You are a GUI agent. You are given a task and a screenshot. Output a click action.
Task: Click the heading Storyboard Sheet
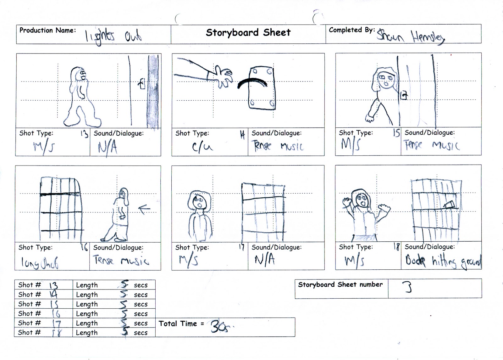(x=248, y=32)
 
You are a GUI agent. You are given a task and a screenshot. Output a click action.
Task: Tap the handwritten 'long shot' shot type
(x=40, y=262)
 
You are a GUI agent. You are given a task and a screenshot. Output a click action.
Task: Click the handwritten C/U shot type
(x=202, y=147)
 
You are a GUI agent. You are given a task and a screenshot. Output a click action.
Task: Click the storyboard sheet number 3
(x=408, y=287)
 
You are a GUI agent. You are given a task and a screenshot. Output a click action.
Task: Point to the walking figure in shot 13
(x=80, y=96)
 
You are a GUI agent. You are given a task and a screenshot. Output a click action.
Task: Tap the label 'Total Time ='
(x=181, y=324)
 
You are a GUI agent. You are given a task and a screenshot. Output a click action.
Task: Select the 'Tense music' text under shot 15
(x=431, y=145)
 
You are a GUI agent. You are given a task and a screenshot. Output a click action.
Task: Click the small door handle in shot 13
(x=142, y=84)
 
